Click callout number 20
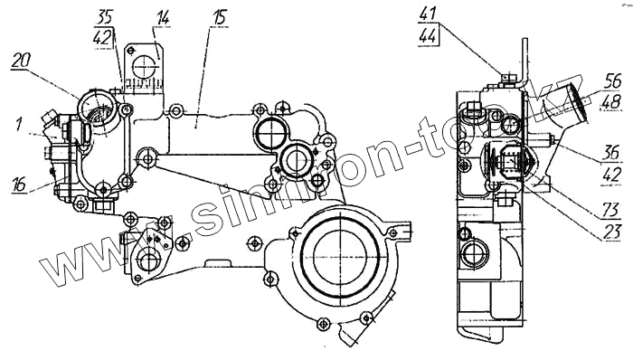tap(21, 62)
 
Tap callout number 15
tap(219, 17)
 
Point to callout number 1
tap(18, 124)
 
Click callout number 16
tap(19, 184)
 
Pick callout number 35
tap(105, 18)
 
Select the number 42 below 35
tap(102, 38)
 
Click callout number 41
tap(428, 14)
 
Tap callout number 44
tap(428, 36)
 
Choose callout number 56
tap(612, 81)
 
